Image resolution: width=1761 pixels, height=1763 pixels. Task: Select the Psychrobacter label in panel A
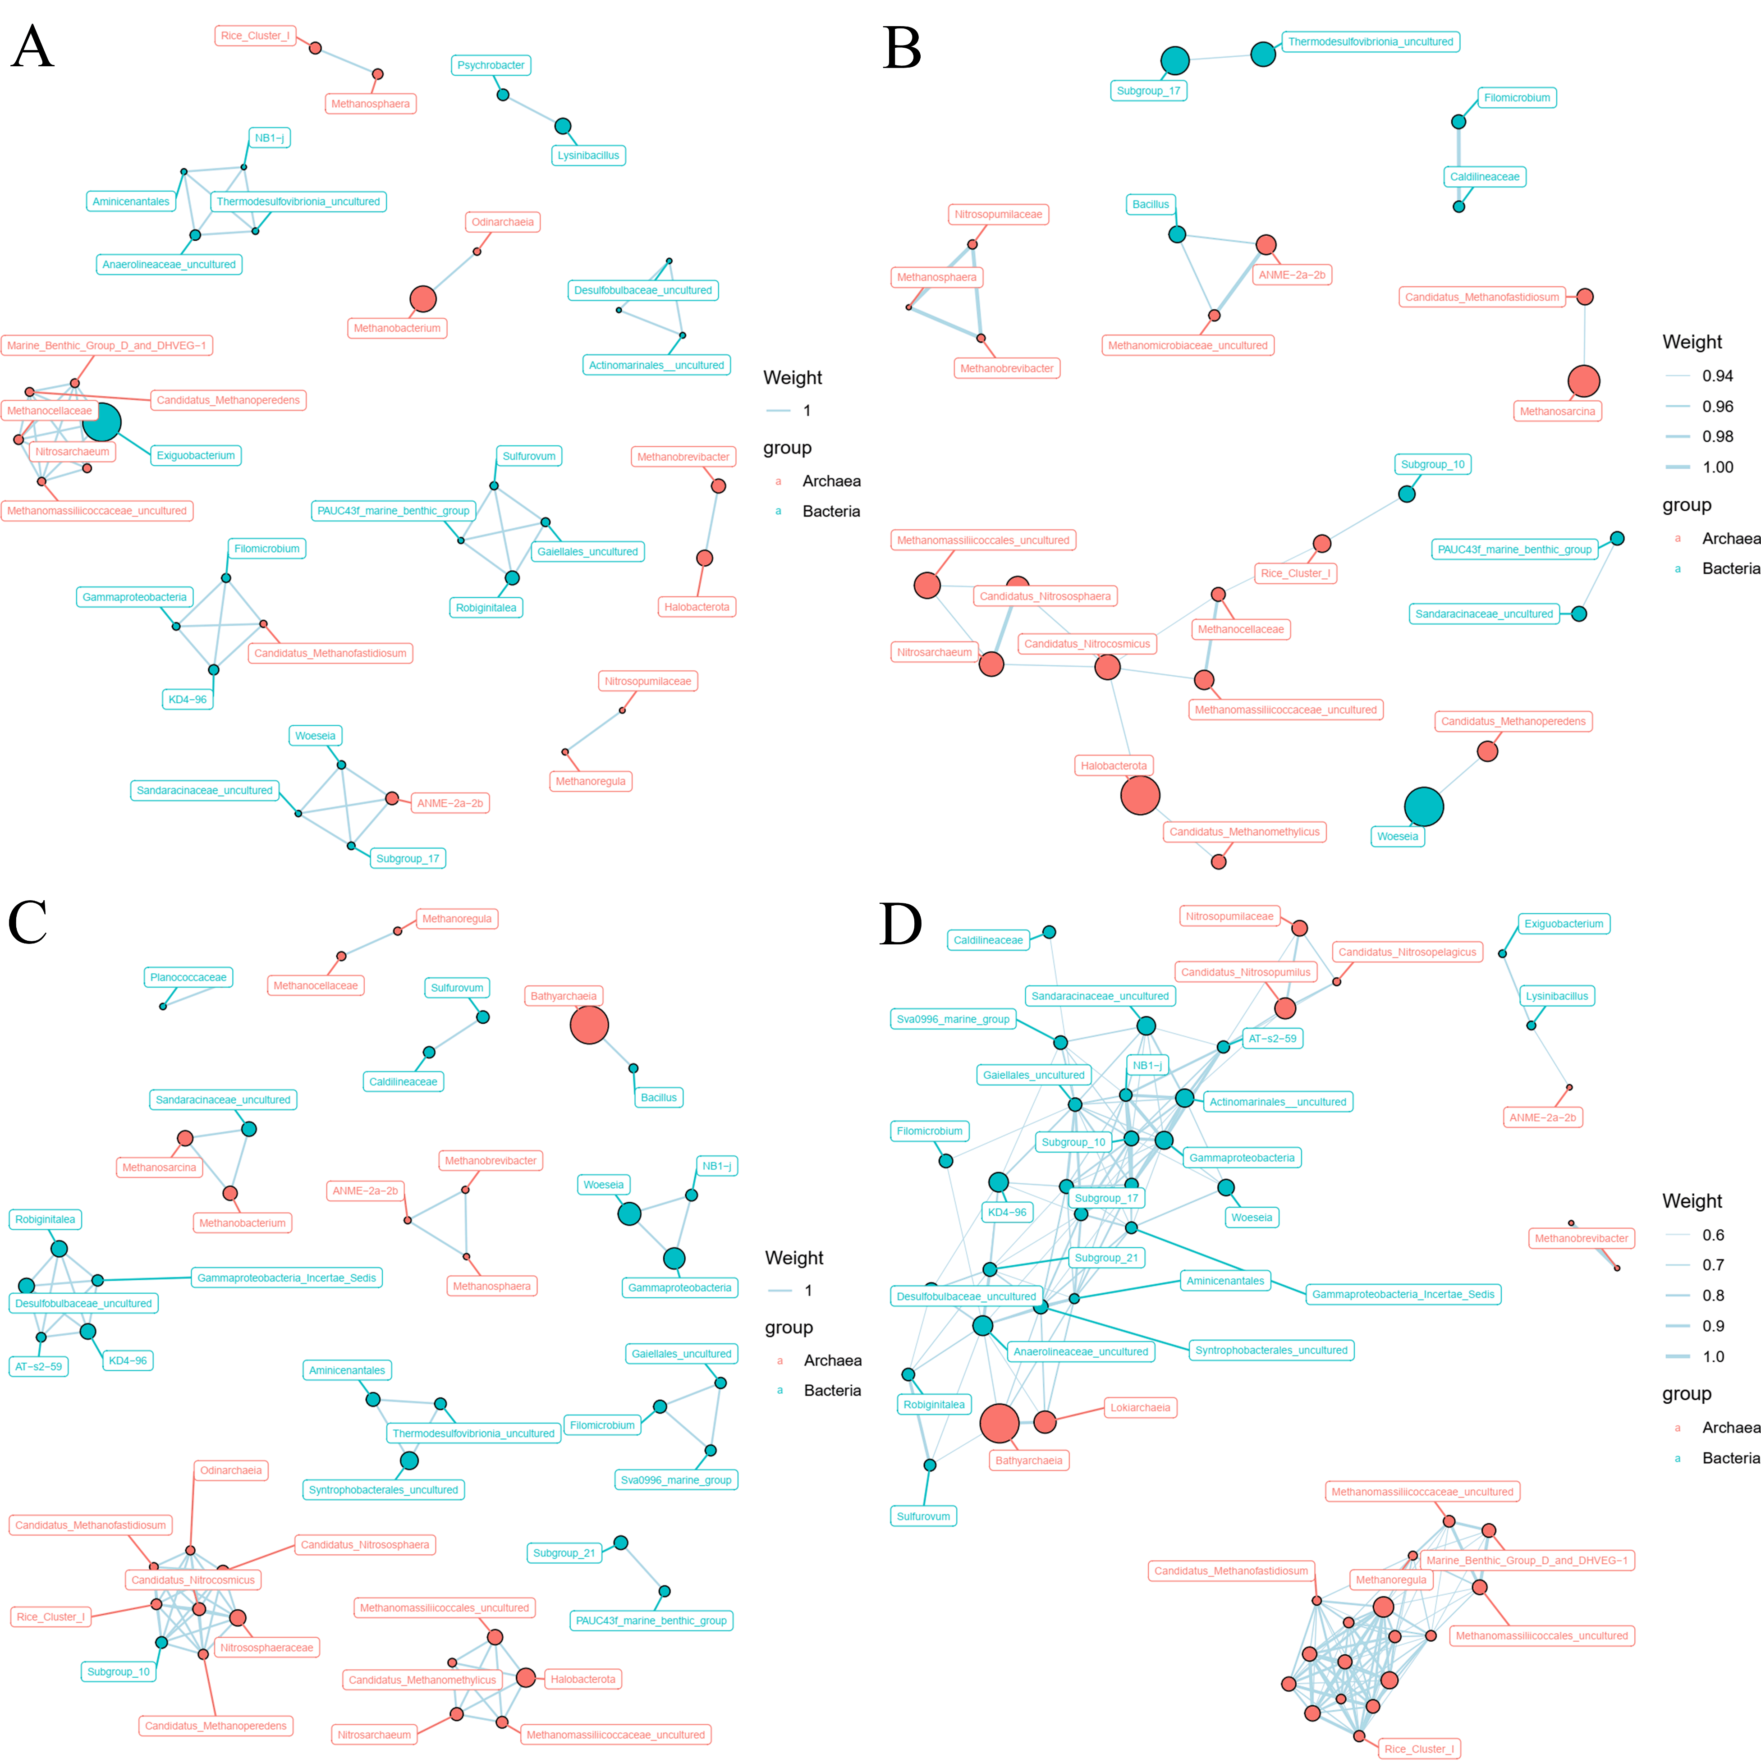(x=491, y=65)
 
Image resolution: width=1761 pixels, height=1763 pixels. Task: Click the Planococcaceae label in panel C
(x=188, y=977)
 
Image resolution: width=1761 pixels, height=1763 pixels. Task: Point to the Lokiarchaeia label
(x=1140, y=1407)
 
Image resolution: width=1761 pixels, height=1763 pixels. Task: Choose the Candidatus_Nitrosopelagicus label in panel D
(x=1407, y=952)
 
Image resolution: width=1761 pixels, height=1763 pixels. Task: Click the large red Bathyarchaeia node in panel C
(x=589, y=1025)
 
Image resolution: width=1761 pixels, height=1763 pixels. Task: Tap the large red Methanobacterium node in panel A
(x=422, y=298)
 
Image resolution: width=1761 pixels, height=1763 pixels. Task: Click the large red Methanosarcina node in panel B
(x=1584, y=380)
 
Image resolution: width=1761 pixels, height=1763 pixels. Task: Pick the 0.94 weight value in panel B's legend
(x=1717, y=376)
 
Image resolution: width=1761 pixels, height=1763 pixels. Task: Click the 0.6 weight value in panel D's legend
(x=1713, y=1235)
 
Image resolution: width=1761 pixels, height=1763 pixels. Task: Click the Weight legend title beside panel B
(x=1692, y=342)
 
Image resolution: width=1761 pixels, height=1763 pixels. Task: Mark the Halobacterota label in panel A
(x=696, y=607)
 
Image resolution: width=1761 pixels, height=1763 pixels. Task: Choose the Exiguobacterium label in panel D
(x=1563, y=924)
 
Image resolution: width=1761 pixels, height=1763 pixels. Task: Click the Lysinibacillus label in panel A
(x=588, y=155)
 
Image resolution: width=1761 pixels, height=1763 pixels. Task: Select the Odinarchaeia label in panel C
(x=231, y=1470)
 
